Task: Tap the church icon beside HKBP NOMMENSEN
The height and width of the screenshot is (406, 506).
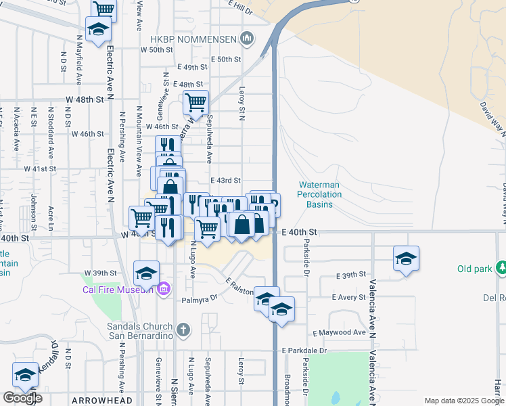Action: (248, 38)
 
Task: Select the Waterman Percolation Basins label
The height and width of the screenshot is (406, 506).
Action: (319, 194)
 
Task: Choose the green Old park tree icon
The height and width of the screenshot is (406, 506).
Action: (501, 269)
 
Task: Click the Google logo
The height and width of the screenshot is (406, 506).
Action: (22, 398)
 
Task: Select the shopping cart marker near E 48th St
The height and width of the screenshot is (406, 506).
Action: (195, 103)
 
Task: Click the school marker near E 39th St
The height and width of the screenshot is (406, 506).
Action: (406, 258)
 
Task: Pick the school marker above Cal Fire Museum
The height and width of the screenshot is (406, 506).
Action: (146, 273)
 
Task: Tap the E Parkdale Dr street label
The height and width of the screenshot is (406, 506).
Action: (304, 351)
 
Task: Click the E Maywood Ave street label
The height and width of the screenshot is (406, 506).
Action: (339, 333)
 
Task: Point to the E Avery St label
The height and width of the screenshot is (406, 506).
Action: (348, 297)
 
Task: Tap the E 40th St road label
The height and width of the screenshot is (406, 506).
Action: (300, 232)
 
